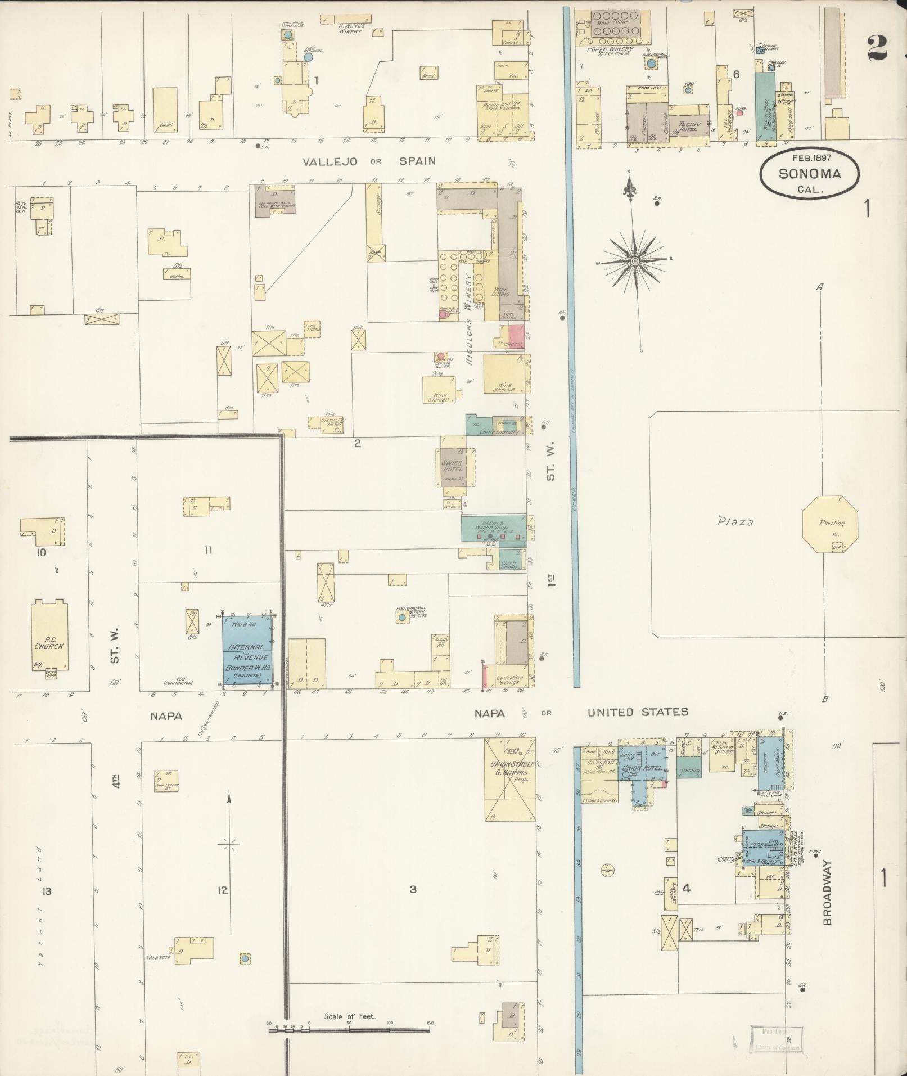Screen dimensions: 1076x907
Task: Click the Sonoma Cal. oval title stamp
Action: click(x=809, y=174)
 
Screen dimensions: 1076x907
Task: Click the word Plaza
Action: click(x=735, y=522)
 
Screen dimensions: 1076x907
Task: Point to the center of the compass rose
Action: click(x=634, y=261)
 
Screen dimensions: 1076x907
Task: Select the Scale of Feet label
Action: click(x=349, y=623)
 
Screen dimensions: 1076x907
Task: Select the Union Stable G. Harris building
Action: click(x=509, y=779)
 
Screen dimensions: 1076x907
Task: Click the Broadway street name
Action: click(x=827, y=892)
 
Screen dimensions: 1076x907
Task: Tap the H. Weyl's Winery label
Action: click(x=351, y=28)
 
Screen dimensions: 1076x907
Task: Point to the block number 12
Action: click(x=223, y=890)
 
